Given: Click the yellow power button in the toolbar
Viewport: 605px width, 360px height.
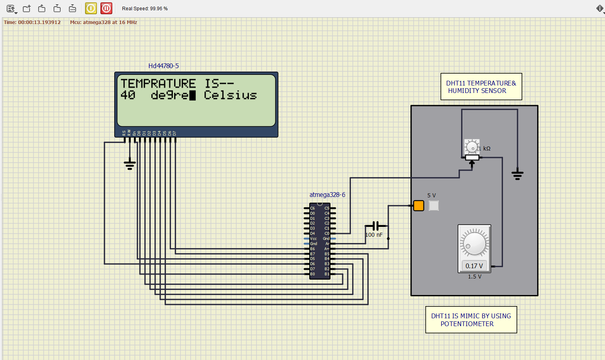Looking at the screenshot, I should point(91,8).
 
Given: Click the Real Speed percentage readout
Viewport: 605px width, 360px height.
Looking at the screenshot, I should point(145,9).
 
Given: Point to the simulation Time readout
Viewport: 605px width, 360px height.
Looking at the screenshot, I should point(32,22).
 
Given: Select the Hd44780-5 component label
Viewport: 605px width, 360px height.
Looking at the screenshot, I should point(163,66).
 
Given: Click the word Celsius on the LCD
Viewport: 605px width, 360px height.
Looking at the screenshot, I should point(230,95).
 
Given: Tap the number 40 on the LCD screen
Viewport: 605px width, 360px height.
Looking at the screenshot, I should point(128,95).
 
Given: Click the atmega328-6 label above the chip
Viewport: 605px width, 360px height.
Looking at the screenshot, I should point(327,195).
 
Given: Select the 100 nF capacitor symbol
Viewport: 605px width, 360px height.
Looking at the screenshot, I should point(376,226).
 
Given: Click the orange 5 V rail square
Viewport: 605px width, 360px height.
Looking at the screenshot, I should point(419,206).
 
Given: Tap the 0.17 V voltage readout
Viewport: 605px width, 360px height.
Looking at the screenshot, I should point(474,266).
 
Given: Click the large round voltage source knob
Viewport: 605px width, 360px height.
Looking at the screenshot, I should point(474,243).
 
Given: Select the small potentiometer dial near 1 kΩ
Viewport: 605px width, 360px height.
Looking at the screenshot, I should point(471,147).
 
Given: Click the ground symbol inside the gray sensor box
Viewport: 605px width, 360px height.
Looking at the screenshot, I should point(517,174).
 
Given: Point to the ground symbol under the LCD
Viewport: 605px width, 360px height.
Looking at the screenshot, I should point(130,164).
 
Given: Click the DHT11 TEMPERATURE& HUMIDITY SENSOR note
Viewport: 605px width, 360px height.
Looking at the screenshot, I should point(481,87).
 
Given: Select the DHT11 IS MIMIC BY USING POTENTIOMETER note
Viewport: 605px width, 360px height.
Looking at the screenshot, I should point(471,320).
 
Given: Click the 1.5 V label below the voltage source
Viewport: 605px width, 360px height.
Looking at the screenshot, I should point(474,276).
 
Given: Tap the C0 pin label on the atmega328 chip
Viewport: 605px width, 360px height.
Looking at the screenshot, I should point(327,234).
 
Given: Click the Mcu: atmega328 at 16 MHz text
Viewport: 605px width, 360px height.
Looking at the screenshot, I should point(104,22).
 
